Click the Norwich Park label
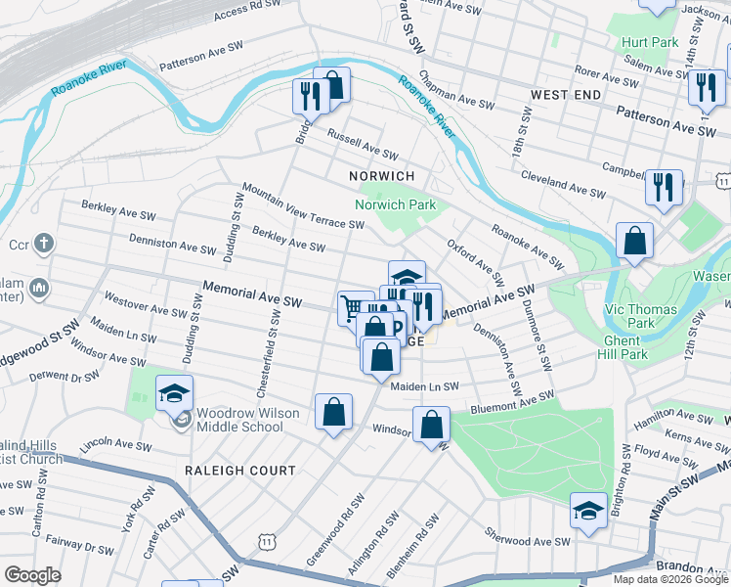395,205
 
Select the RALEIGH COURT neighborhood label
240,471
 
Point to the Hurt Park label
649,43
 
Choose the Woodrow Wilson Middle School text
247,420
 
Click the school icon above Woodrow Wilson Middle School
175,393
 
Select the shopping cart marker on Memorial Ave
355,308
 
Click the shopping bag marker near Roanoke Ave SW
634,241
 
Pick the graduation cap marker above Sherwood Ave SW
588,511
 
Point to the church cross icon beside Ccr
43,243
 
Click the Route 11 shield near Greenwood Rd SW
266,540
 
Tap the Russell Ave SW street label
363,146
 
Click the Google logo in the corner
32,575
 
